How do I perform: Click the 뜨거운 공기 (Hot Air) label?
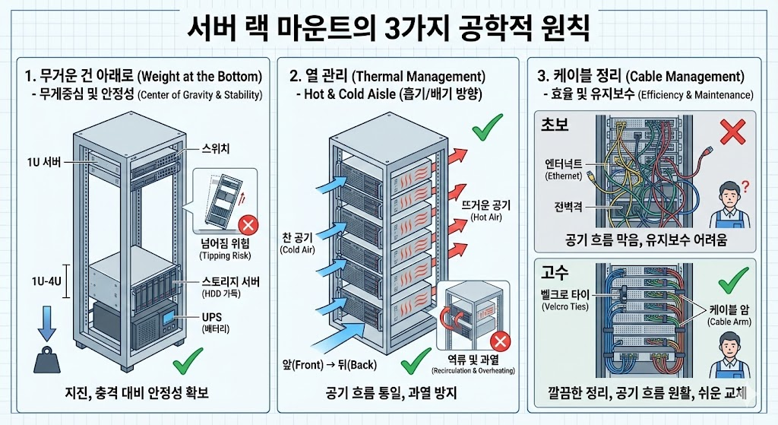click(487, 210)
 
